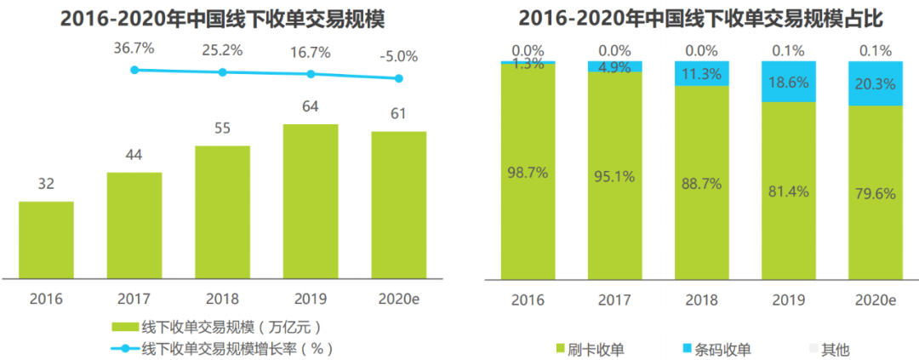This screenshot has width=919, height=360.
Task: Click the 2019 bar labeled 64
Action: point(311,201)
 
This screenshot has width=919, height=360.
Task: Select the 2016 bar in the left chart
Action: point(46,239)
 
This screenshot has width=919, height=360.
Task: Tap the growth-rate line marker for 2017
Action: point(134,70)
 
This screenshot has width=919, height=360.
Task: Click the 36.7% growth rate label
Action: point(134,49)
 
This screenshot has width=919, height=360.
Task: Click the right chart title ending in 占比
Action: point(702,18)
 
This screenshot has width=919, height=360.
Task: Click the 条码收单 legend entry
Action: point(714,349)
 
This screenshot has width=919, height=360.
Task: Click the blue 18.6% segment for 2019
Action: point(789,82)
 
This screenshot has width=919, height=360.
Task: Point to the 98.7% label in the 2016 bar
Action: point(527,173)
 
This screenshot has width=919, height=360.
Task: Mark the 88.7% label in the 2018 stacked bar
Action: point(702,183)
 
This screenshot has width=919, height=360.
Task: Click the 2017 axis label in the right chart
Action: point(614,300)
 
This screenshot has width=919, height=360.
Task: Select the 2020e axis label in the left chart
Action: point(399,300)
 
